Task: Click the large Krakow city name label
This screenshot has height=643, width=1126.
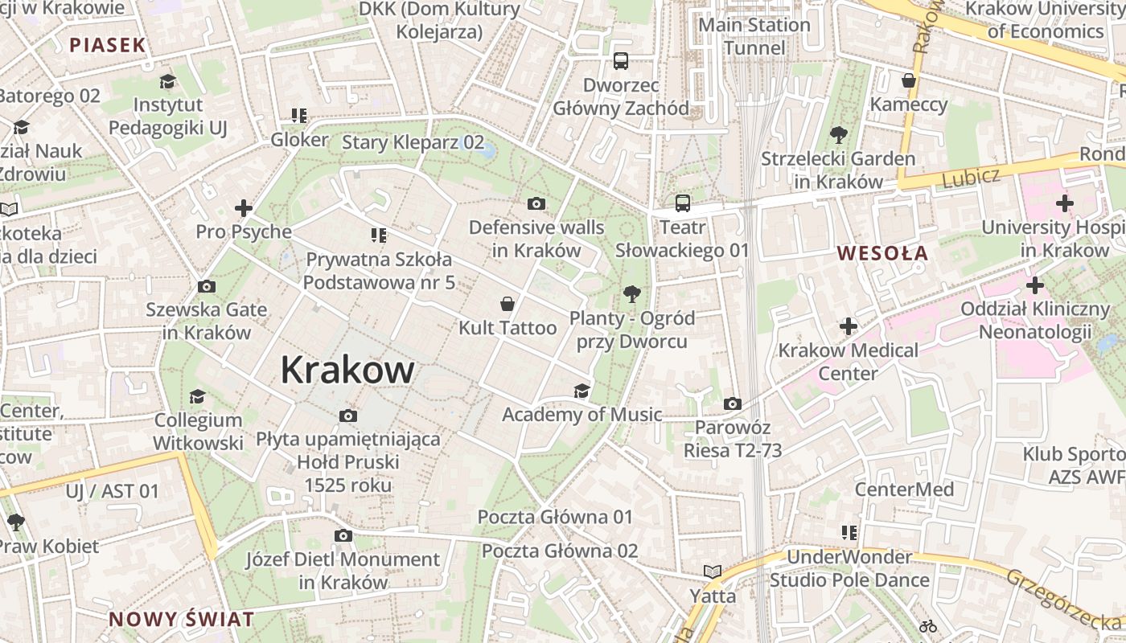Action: click(x=347, y=371)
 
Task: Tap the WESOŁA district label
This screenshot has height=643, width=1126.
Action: click(x=882, y=253)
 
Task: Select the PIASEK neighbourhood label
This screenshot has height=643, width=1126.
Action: click(x=107, y=45)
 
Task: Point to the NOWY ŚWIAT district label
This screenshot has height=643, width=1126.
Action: click(x=181, y=620)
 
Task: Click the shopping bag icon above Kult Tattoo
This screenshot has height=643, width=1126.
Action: click(x=508, y=304)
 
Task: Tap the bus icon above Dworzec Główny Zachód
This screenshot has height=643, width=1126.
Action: click(x=621, y=60)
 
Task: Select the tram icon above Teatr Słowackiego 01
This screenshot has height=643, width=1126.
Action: click(x=682, y=203)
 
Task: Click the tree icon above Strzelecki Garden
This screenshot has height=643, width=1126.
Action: click(x=838, y=134)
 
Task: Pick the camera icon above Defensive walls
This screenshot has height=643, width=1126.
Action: click(x=536, y=204)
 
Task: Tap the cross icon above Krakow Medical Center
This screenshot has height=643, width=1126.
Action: click(x=849, y=326)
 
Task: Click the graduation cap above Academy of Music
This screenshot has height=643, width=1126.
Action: click(x=581, y=391)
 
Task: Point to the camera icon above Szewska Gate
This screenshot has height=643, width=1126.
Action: click(x=206, y=286)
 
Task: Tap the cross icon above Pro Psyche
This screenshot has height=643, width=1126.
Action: click(x=244, y=209)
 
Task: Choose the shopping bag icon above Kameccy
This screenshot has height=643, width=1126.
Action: click(x=909, y=80)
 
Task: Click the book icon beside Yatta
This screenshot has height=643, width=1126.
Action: click(x=713, y=571)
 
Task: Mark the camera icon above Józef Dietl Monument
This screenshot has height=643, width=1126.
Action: click(x=343, y=536)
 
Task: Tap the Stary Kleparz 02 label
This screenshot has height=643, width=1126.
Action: click(x=413, y=143)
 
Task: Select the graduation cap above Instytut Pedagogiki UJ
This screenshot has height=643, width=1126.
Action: click(x=167, y=81)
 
